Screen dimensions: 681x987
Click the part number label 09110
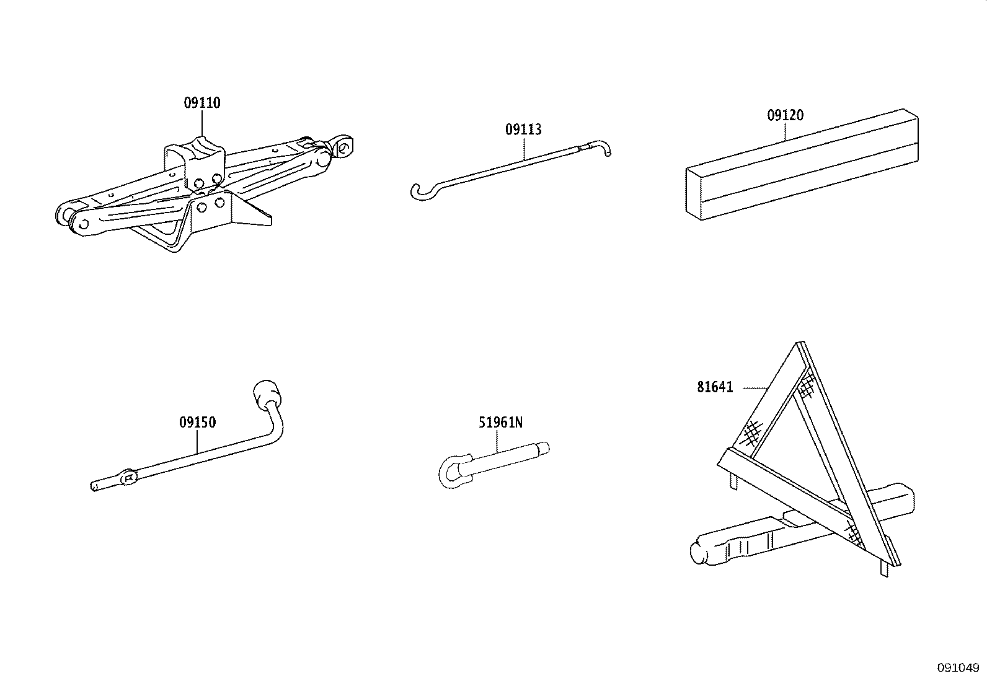(x=201, y=103)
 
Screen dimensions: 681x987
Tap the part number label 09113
(x=523, y=130)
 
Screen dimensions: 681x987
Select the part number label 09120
(x=785, y=115)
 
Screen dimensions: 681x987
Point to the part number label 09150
(x=197, y=423)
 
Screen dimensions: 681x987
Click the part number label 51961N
(x=500, y=423)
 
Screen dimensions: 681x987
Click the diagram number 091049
(x=957, y=668)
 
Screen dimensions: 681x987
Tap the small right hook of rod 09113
(x=604, y=147)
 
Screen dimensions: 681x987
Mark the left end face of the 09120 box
(x=694, y=193)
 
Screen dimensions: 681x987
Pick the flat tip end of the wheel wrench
(x=94, y=486)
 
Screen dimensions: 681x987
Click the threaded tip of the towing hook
(x=543, y=447)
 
